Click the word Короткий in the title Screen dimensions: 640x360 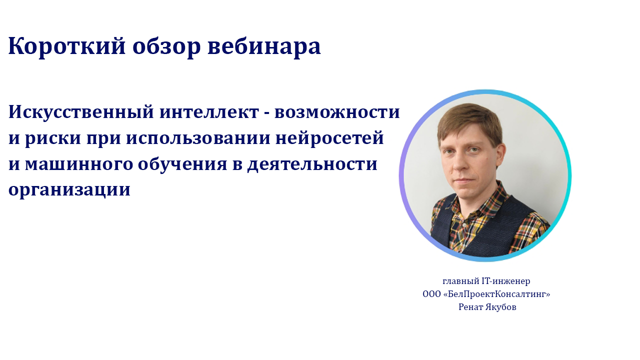(x=67, y=46)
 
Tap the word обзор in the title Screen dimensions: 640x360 (x=166, y=46)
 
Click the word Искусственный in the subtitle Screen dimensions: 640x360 (x=81, y=112)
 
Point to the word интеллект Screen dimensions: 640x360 (x=209, y=112)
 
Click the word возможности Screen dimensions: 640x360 (x=337, y=112)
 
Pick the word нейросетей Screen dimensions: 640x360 (x=329, y=138)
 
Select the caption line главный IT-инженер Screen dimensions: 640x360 (x=486, y=281)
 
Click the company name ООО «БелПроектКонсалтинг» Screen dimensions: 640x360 (x=486, y=294)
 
